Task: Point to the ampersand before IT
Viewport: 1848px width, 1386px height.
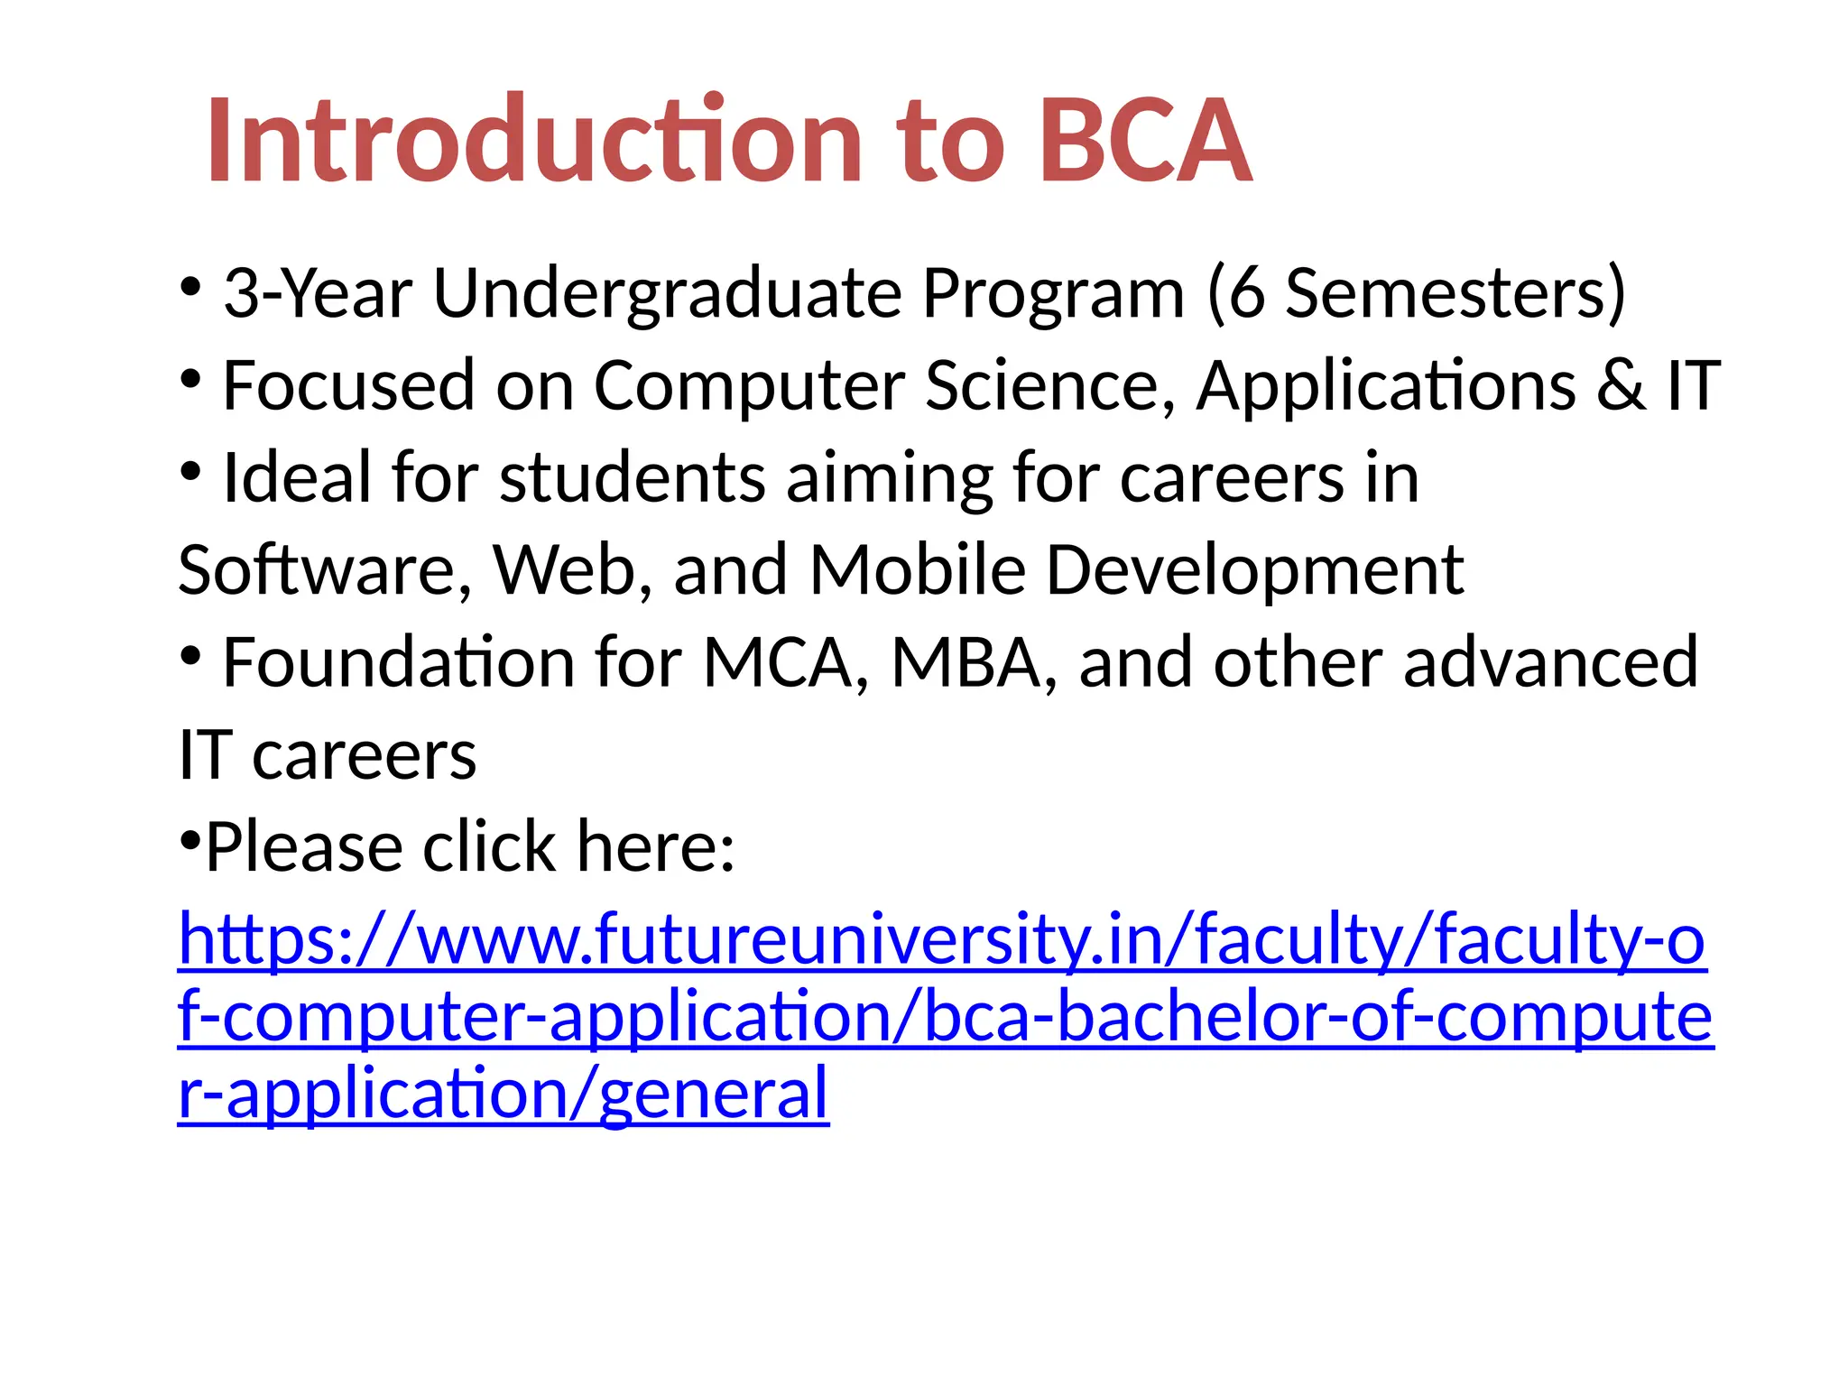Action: (1621, 386)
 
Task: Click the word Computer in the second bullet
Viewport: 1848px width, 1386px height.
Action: (748, 386)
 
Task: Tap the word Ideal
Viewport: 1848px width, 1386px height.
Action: (296, 478)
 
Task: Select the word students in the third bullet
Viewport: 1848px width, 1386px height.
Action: (632, 478)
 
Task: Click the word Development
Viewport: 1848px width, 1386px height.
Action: (1255, 572)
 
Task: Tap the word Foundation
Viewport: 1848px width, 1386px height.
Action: (397, 663)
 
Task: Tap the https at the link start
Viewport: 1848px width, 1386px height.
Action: (256, 939)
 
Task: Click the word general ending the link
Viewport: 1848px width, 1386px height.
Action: (713, 1094)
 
